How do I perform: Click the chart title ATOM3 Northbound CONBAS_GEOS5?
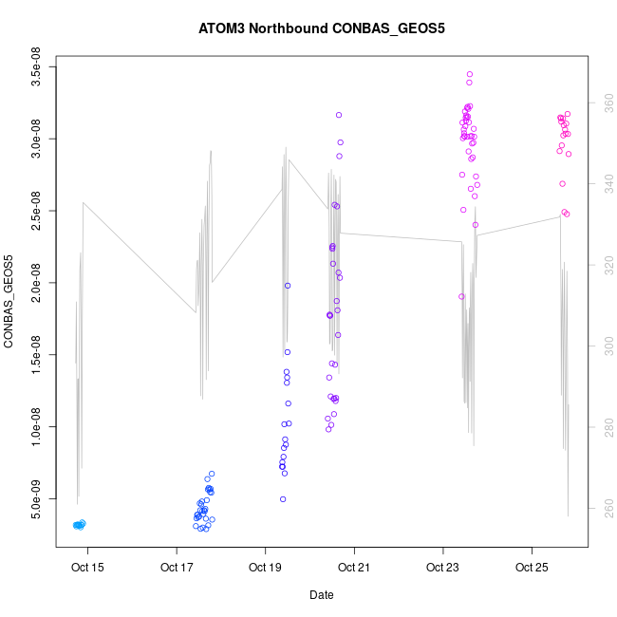[x=322, y=28]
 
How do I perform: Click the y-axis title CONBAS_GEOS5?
[x=9, y=301]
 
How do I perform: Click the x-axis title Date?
[x=322, y=595]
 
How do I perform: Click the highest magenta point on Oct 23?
[x=470, y=74]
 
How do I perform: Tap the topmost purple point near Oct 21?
[x=339, y=115]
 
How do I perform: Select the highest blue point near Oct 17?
[x=212, y=474]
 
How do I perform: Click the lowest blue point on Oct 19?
[x=283, y=499]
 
